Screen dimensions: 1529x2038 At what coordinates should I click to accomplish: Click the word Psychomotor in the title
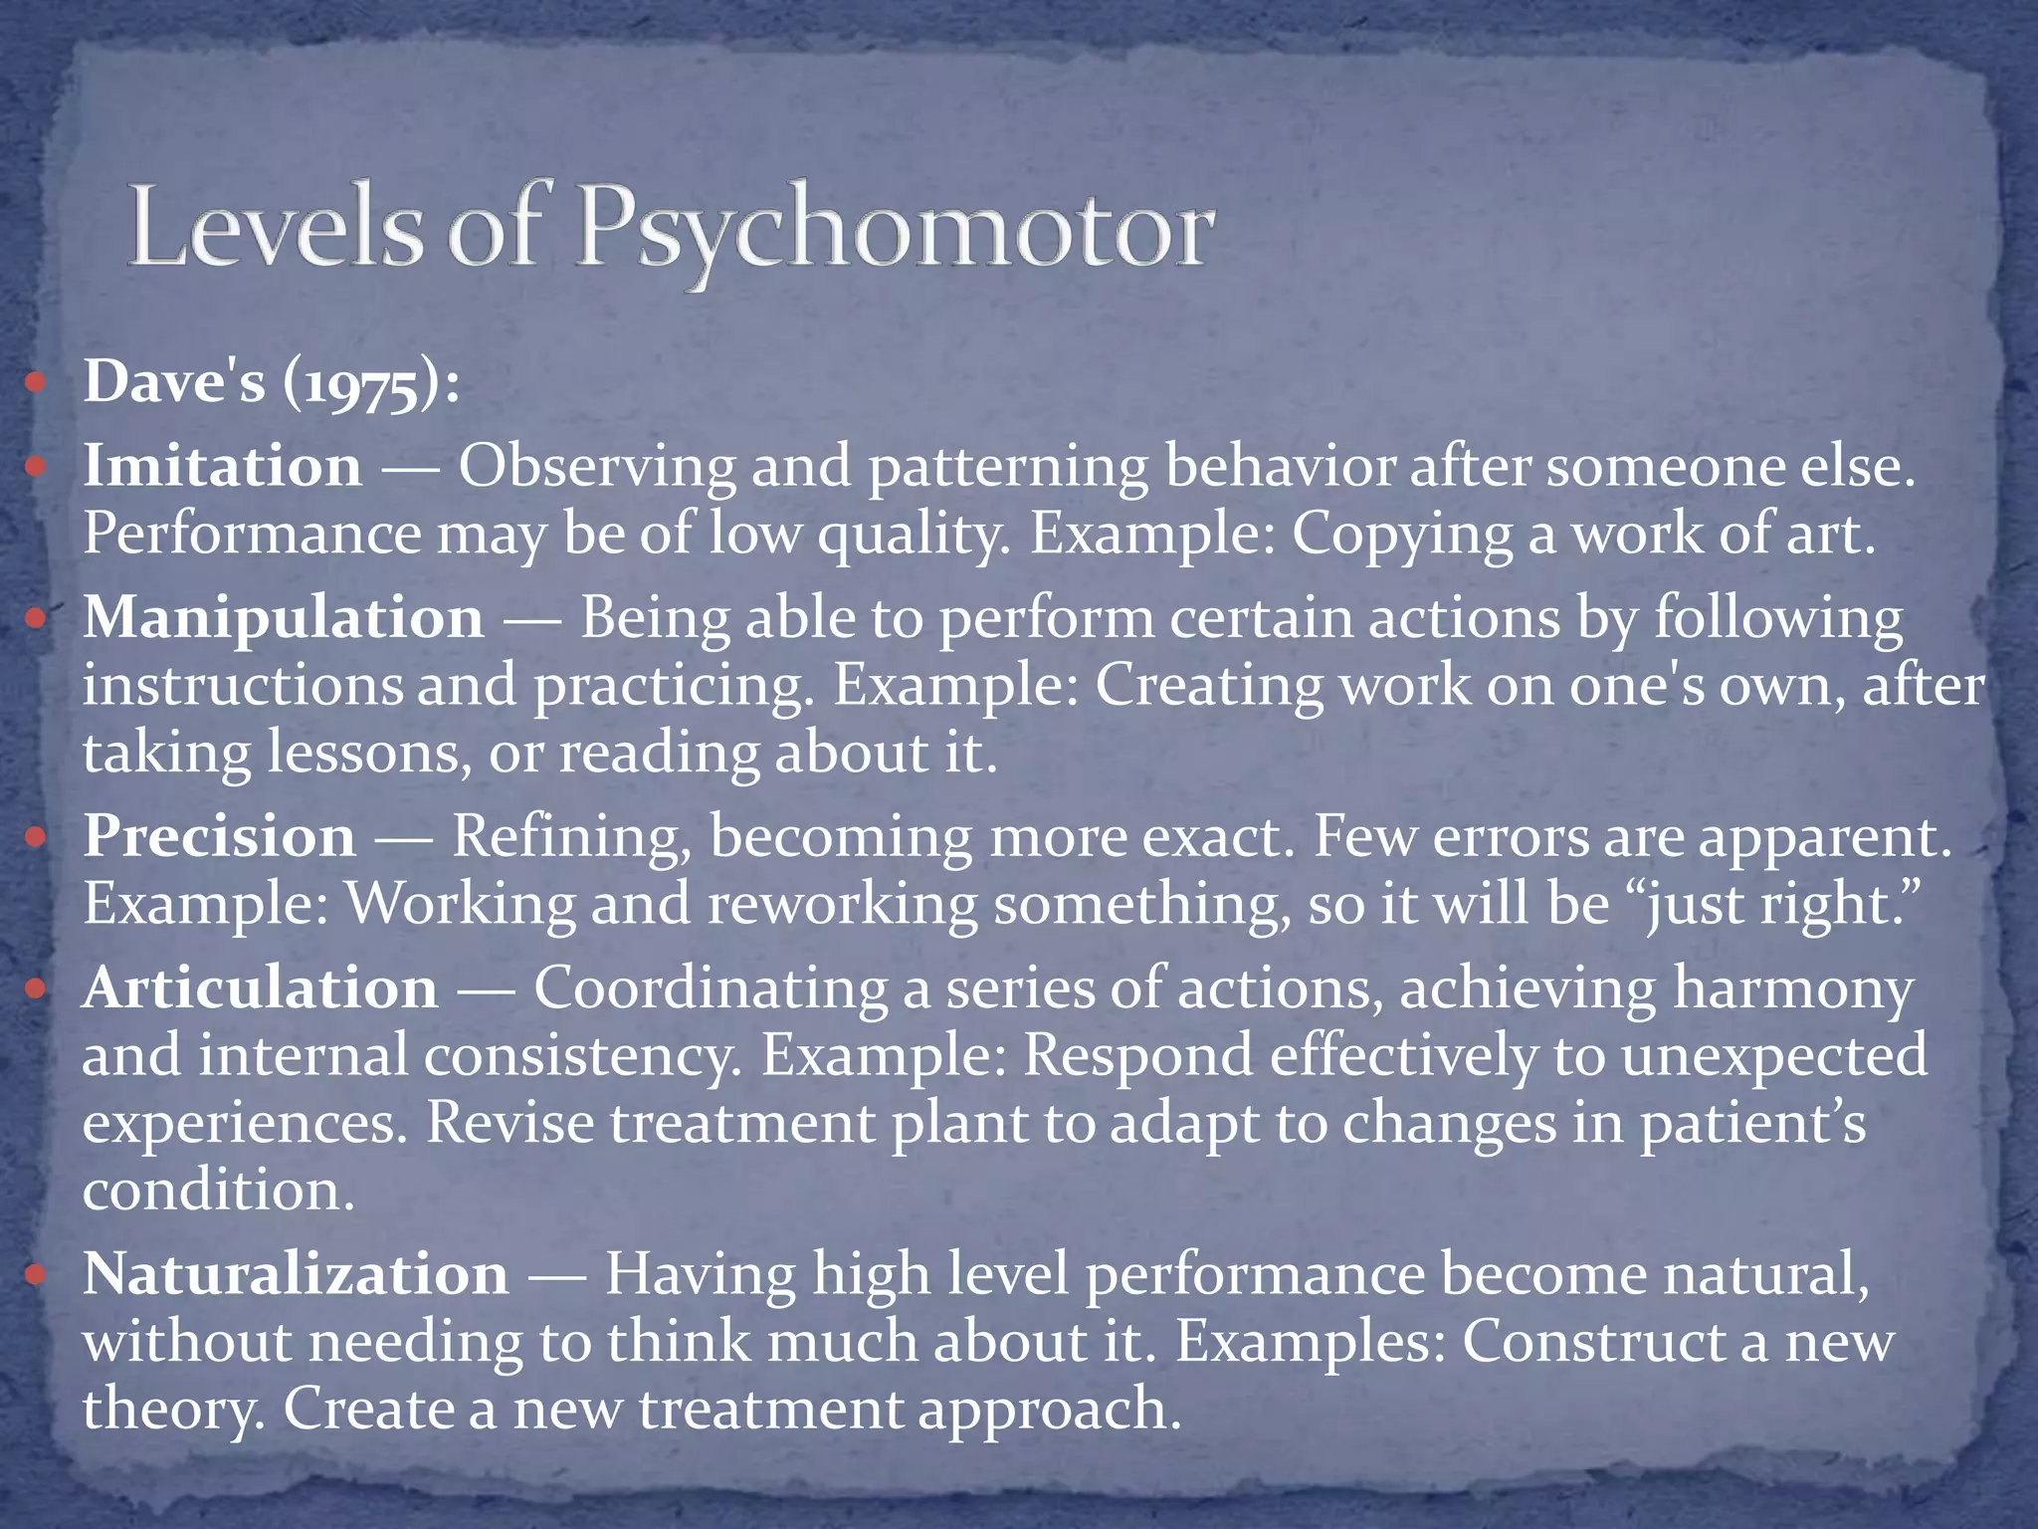coord(894,231)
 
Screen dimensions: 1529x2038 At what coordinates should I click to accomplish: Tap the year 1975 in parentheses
coord(360,384)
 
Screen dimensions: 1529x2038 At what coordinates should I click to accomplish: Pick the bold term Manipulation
coord(284,618)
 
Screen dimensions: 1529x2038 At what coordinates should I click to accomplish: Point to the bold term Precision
coord(219,836)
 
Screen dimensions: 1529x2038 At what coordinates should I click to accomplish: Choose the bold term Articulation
coord(261,988)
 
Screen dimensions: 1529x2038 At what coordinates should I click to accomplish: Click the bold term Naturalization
coord(296,1274)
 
